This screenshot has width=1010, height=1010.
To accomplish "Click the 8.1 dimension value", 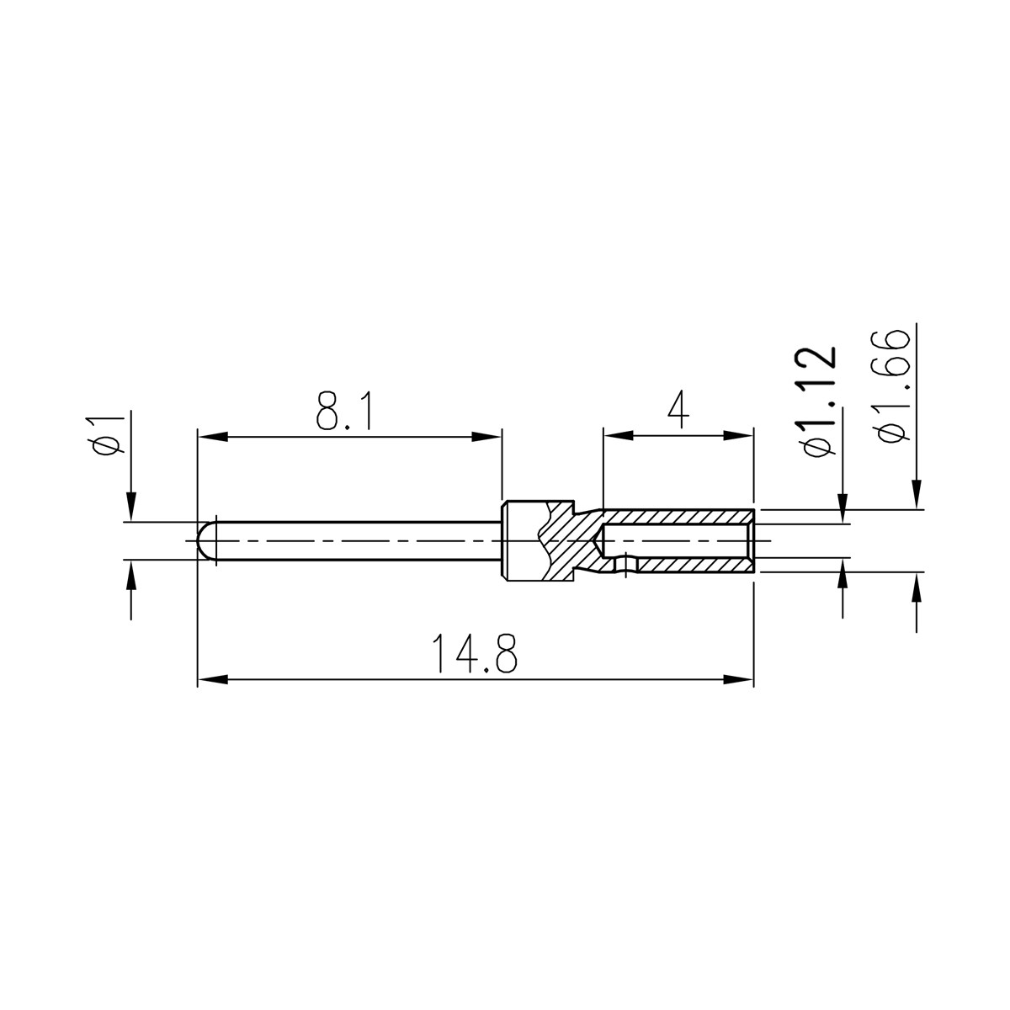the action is [345, 409].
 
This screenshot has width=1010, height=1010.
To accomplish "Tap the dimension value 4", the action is [678, 409].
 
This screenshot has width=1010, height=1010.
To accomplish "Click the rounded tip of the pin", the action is [206, 540].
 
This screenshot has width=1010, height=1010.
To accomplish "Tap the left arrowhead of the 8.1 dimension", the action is [213, 436].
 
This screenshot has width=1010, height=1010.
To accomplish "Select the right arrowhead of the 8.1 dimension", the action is [486, 436].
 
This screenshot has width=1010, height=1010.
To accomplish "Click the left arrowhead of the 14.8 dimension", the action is [213, 679].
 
